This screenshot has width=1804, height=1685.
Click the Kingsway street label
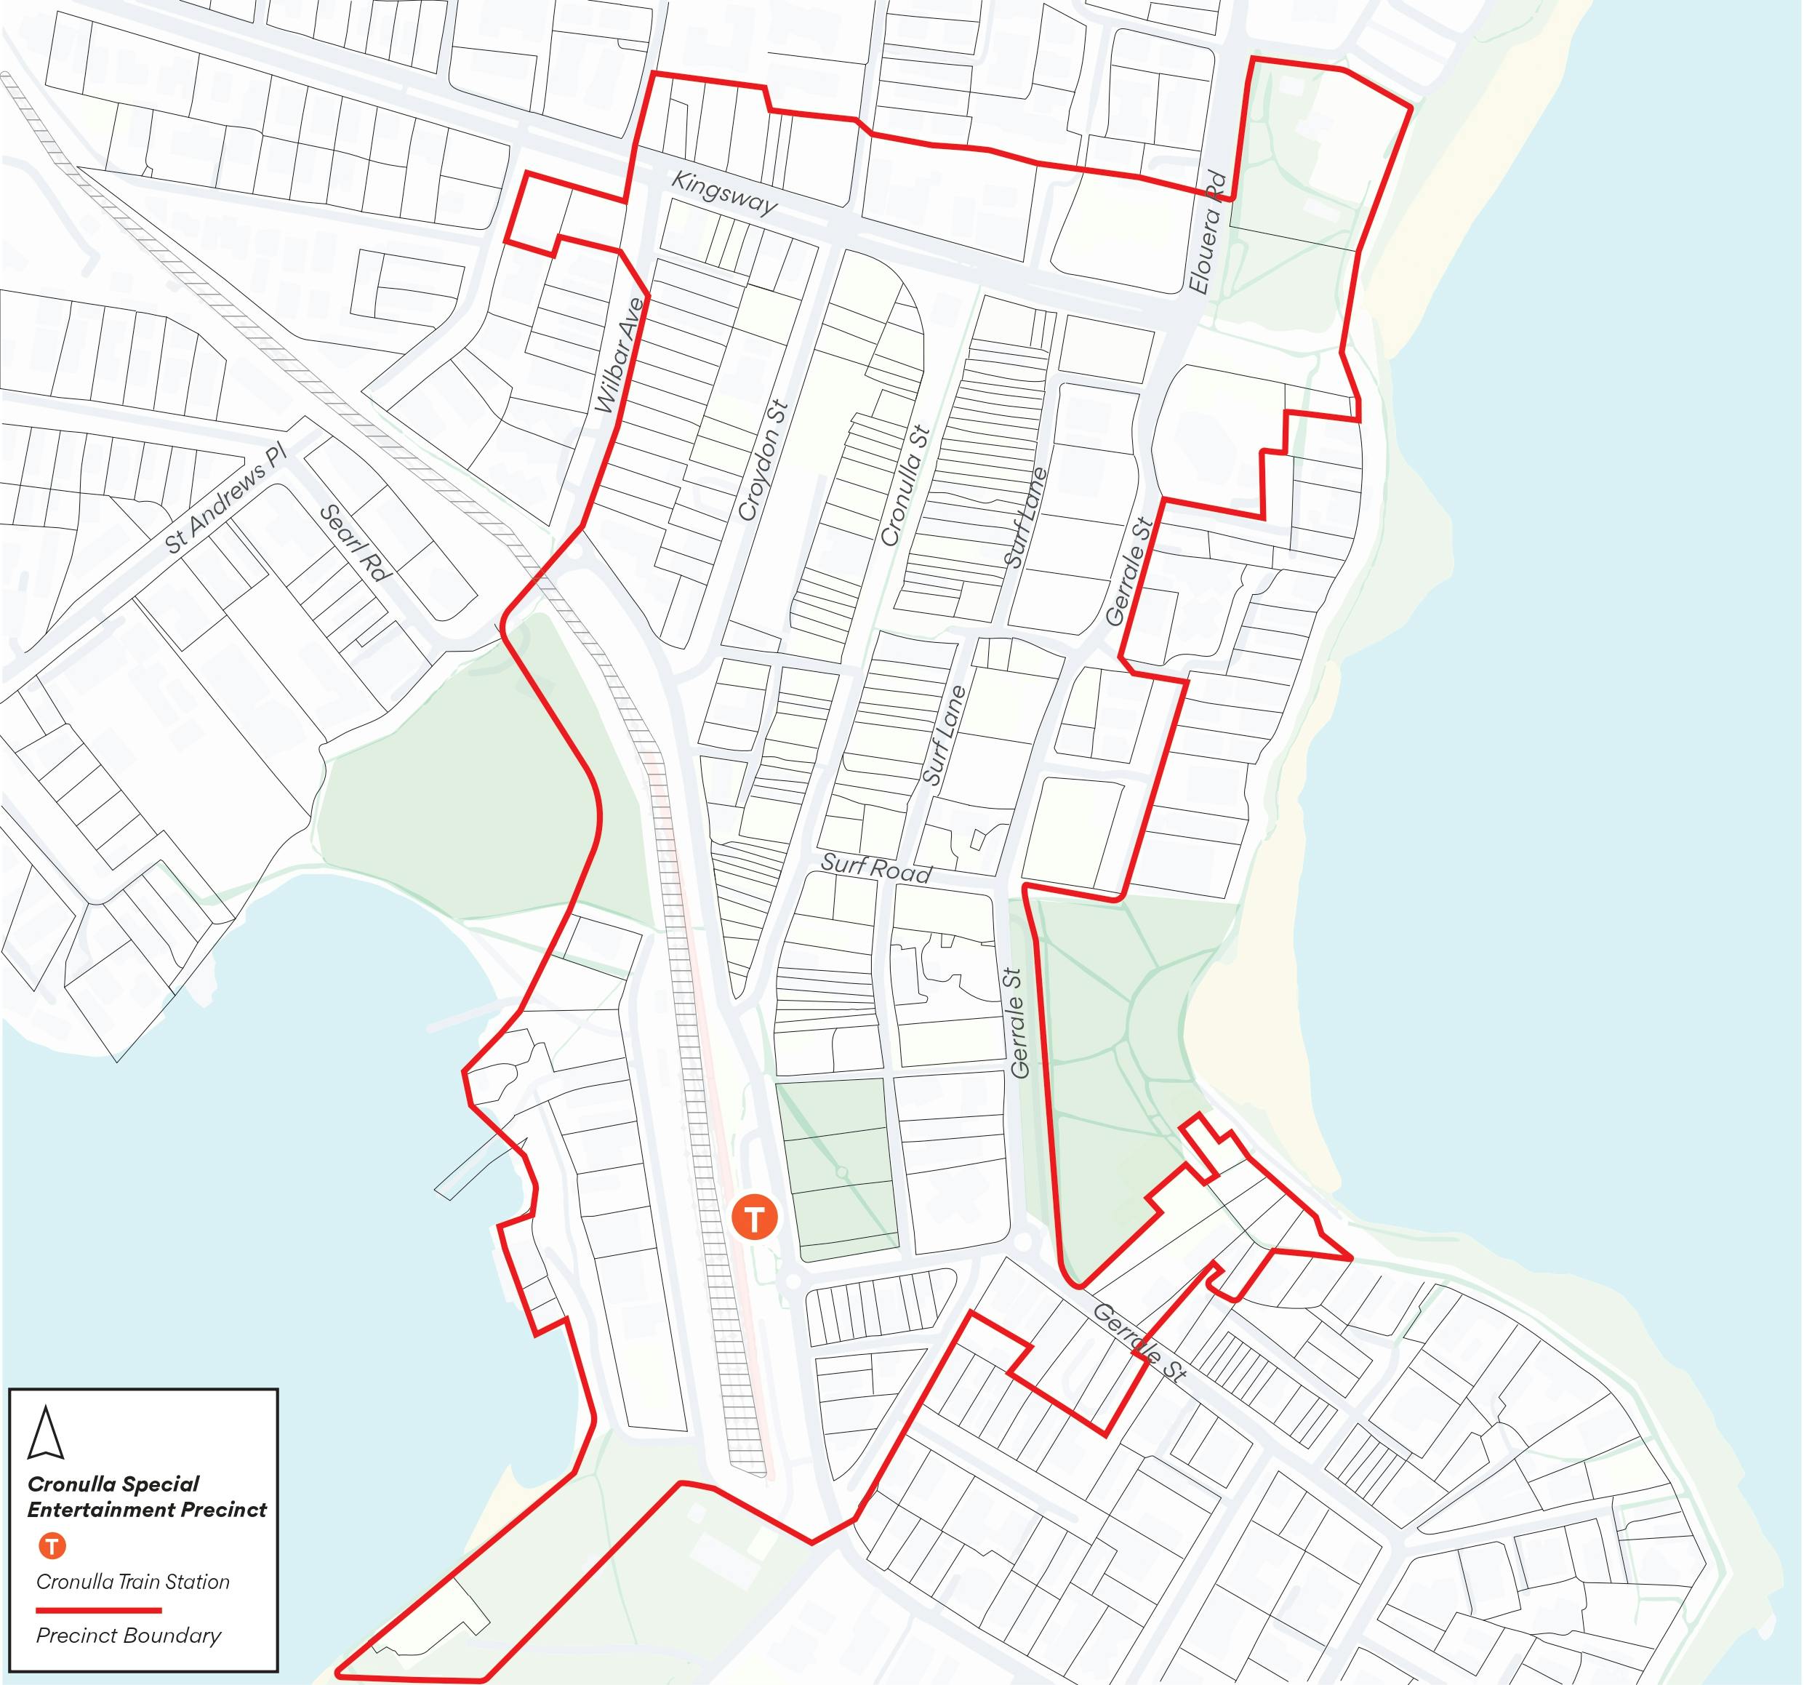(x=723, y=193)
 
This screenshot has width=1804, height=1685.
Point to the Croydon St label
(x=763, y=461)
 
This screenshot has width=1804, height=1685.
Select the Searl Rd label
(x=356, y=543)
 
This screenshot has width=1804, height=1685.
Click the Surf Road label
(x=875, y=868)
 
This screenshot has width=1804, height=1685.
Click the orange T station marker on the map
(x=755, y=1217)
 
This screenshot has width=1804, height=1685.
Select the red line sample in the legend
(x=98, y=1609)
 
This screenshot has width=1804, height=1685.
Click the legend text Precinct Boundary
(x=128, y=1635)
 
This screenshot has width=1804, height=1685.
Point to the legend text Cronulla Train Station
(x=132, y=1582)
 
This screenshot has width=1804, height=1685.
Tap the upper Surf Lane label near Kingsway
(x=1025, y=517)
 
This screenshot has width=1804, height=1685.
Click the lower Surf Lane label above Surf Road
(x=944, y=735)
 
